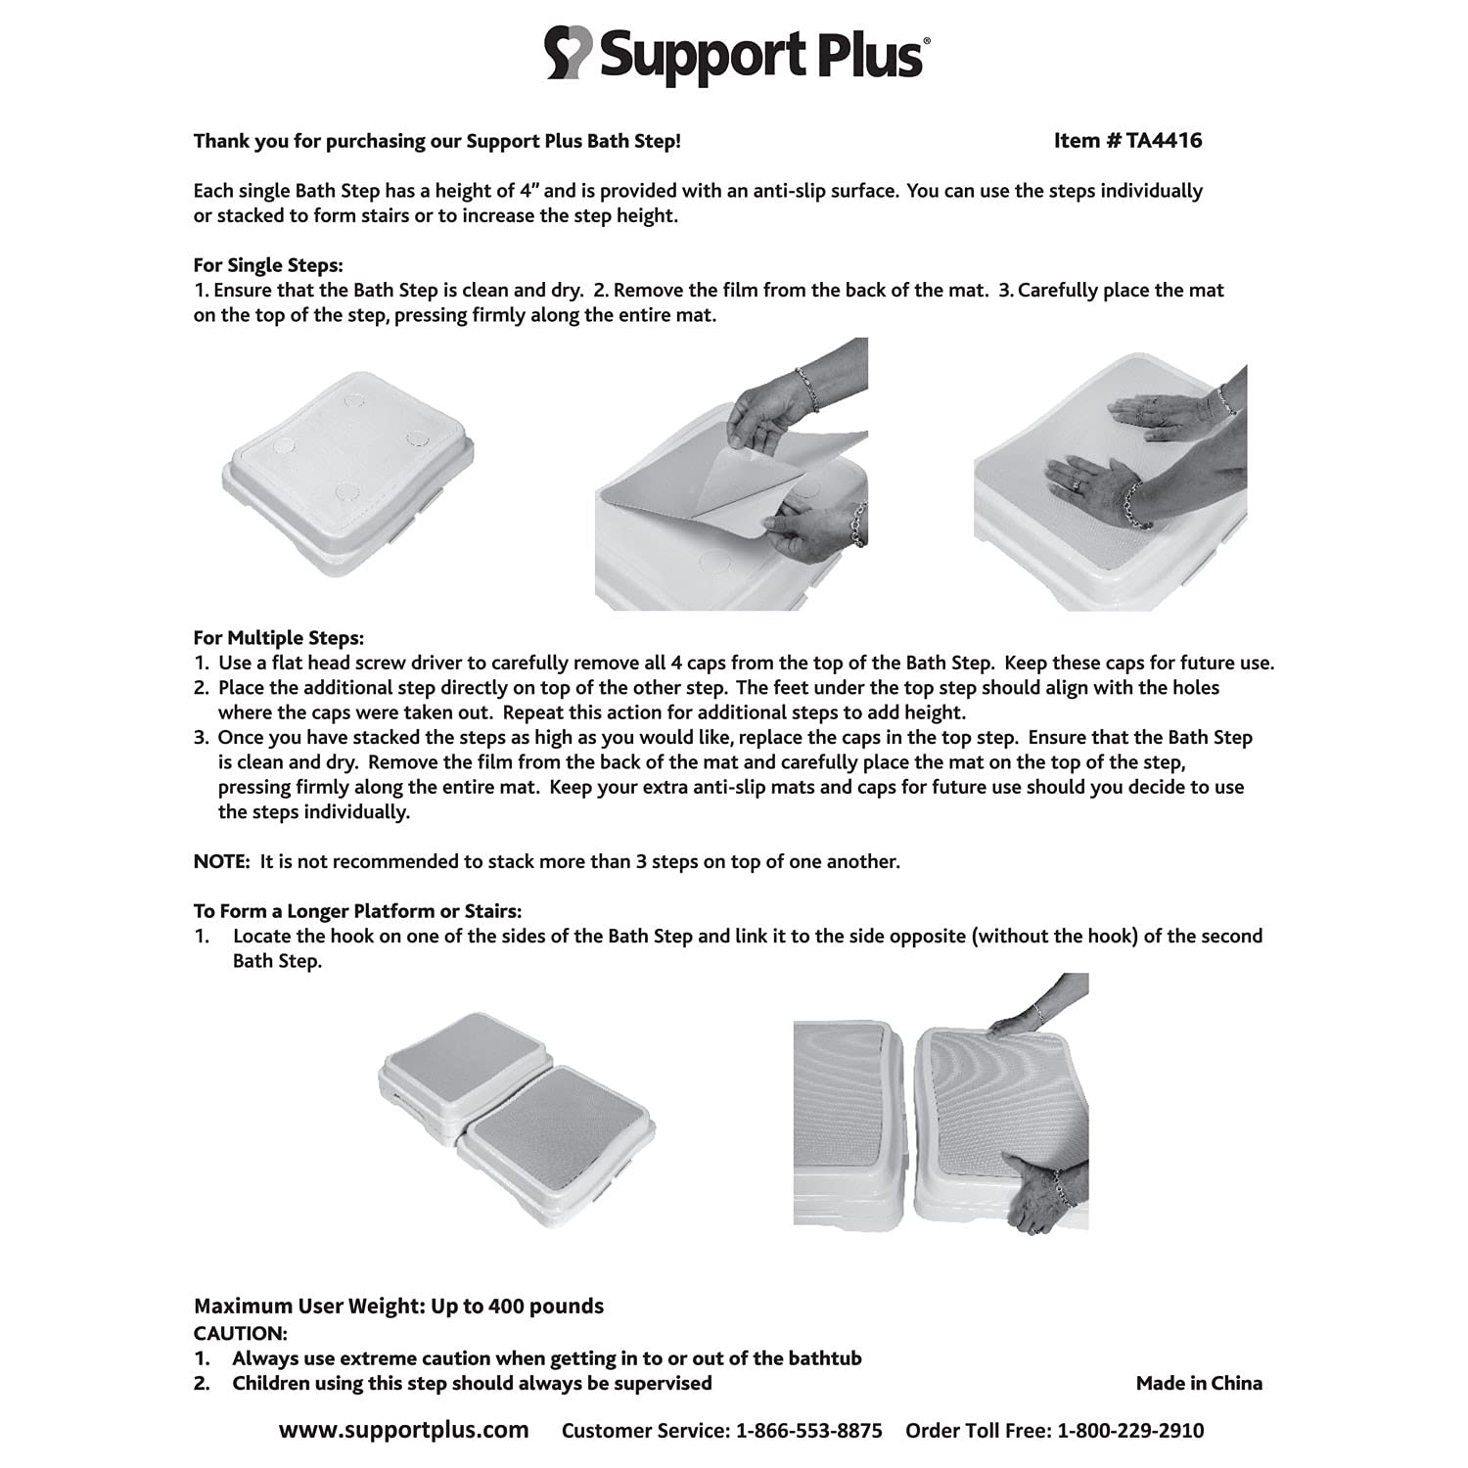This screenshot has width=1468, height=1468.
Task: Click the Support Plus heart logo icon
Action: tap(569, 54)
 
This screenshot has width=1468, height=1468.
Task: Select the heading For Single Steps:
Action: tap(267, 265)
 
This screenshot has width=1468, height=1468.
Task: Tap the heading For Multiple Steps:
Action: tap(278, 638)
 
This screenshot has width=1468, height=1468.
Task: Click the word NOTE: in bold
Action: tap(222, 861)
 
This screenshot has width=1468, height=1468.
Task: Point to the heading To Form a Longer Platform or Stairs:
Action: tap(357, 911)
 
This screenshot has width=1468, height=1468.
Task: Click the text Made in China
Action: tap(1198, 1383)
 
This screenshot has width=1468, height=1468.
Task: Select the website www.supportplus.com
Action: tap(403, 1430)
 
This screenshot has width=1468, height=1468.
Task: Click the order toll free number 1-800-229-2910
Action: tap(1130, 1431)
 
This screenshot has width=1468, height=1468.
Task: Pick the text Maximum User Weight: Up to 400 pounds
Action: tap(398, 1307)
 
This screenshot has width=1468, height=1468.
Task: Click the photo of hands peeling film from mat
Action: tap(731, 475)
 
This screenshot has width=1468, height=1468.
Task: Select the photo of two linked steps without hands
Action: tap(516, 1107)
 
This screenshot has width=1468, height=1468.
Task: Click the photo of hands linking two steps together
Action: tap(940, 1101)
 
